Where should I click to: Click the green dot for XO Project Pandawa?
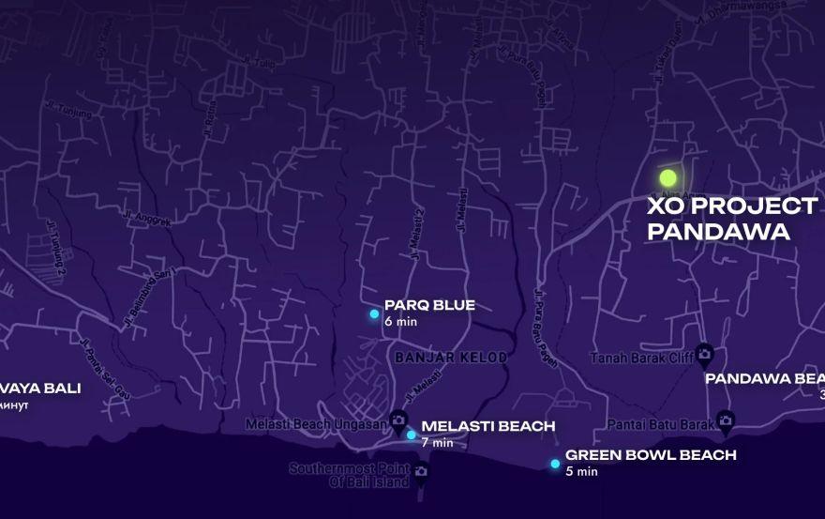(667, 176)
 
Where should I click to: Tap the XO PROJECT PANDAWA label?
(731, 219)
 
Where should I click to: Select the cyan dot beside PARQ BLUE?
(374, 313)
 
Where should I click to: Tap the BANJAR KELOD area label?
(451, 358)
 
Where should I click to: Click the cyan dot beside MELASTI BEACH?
(412, 435)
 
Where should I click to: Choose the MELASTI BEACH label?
(487, 427)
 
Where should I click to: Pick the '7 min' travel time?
(437, 442)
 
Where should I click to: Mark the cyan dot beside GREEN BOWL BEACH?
(555, 464)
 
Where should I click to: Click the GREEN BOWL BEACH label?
(651, 455)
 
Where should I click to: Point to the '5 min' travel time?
(581, 471)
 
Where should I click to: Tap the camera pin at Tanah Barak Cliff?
(705, 353)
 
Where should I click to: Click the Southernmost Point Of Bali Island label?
(349, 475)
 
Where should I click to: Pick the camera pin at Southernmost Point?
(420, 470)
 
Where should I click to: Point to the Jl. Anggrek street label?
(147, 217)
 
